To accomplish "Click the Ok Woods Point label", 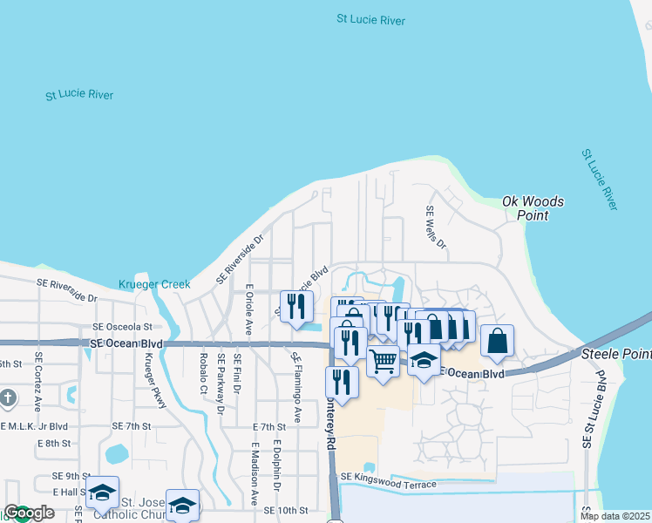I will (x=533, y=208).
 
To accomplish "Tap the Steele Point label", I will (x=615, y=355).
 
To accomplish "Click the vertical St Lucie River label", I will (x=599, y=179).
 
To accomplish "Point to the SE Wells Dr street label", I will (x=435, y=228).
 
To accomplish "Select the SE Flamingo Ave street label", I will (x=296, y=387).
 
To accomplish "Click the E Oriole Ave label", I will (x=248, y=309).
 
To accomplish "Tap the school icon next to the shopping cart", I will (x=424, y=358).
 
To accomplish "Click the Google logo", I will (x=29, y=513).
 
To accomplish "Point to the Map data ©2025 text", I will (x=615, y=516).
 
